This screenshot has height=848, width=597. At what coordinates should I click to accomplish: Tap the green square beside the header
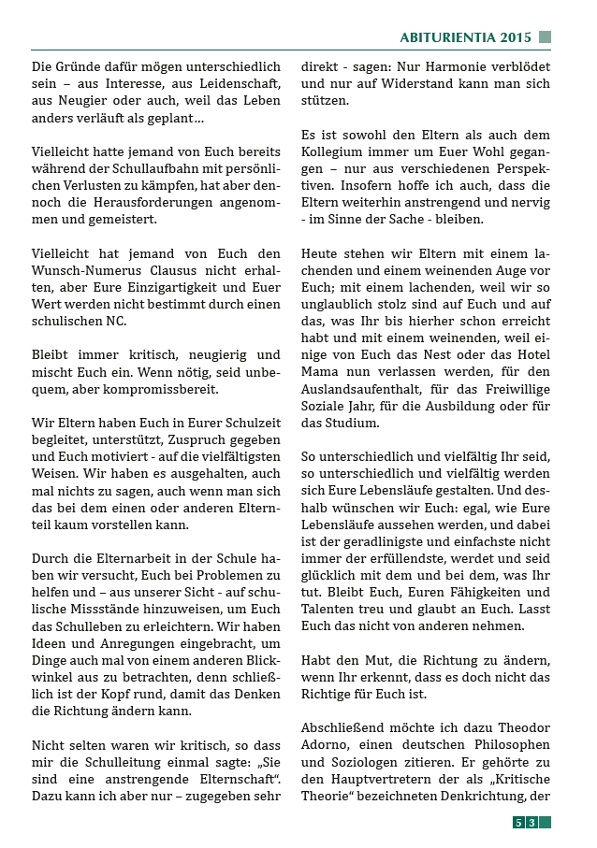[x=545, y=37]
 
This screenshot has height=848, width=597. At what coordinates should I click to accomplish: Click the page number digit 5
[x=517, y=823]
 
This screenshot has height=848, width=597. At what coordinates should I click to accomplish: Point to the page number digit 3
[x=531, y=823]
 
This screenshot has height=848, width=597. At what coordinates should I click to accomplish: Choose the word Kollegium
[x=333, y=151]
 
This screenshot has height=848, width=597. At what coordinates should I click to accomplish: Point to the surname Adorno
[x=328, y=743]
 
